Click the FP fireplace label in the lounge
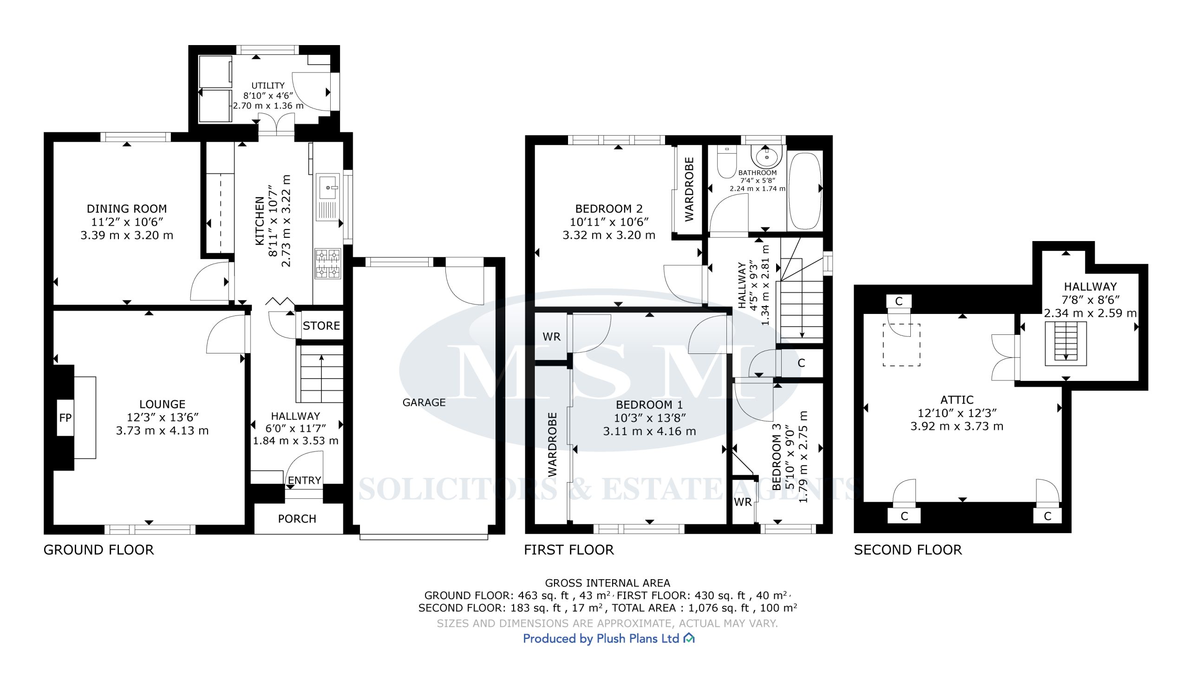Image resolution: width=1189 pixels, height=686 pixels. (x=65, y=418)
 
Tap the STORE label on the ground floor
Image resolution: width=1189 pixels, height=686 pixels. (x=321, y=326)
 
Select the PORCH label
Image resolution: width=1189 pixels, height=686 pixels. (x=297, y=519)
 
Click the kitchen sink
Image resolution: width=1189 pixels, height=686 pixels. (x=328, y=197)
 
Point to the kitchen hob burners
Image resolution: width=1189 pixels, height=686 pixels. (x=328, y=264)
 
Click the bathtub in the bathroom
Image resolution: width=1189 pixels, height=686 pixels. (x=804, y=191)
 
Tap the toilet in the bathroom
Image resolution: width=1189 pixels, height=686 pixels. (x=727, y=160)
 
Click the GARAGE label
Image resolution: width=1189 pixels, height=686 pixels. (x=424, y=402)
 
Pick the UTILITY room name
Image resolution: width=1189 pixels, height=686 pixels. (x=268, y=85)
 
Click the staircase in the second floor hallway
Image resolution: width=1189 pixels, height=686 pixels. (x=1065, y=344)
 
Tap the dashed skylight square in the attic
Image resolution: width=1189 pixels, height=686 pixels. (x=901, y=345)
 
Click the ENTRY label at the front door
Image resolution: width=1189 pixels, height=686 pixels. (x=304, y=480)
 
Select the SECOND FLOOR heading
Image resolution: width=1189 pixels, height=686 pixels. (x=908, y=550)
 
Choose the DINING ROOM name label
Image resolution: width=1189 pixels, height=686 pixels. (x=127, y=209)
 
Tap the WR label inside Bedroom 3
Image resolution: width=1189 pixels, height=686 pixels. (x=742, y=502)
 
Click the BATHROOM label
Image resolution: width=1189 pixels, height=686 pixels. (x=758, y=173)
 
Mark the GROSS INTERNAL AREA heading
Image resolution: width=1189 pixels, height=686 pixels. (x=608, y=583)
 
